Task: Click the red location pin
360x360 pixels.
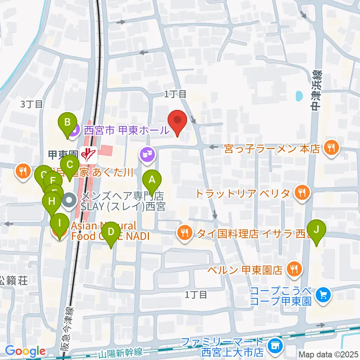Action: [177, 122]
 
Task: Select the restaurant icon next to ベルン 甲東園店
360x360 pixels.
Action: [294, 269]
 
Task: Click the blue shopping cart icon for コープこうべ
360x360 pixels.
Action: [323, 295]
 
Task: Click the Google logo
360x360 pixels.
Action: [25, 351]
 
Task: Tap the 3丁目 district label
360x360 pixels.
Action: [31, 104]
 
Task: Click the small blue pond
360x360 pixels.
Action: [299, 96]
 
